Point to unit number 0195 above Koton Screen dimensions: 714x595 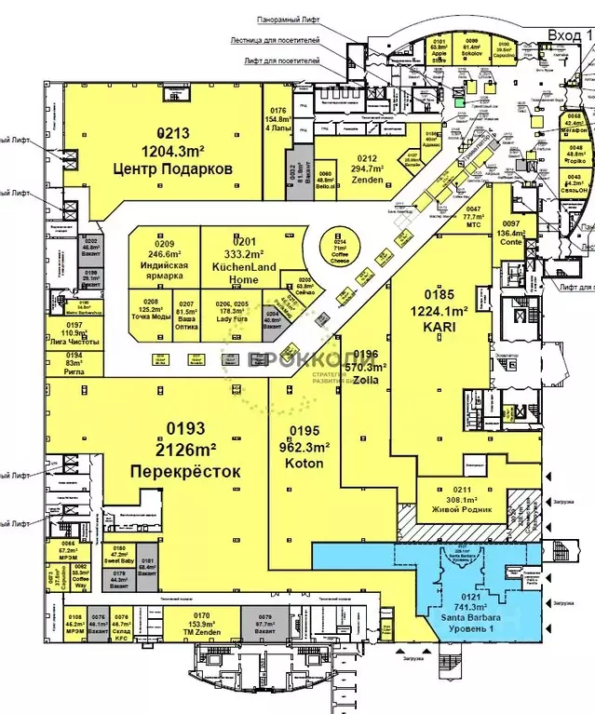click(304, 430)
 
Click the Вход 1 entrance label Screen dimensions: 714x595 click(570, 34)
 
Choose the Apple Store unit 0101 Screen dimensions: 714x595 click(439, 51)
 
